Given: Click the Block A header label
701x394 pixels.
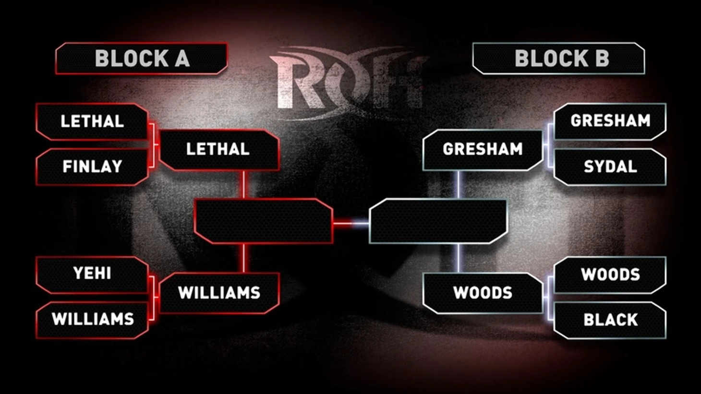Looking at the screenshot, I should click(142, 59).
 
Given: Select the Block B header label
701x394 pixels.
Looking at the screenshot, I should click(559, 59).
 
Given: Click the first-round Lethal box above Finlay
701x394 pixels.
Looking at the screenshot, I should click(92, 121).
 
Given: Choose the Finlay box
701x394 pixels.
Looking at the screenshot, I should click(92, 167).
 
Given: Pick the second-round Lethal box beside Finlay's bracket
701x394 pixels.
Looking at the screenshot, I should click(218, 149).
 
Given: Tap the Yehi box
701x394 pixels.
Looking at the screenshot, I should click(92, 274).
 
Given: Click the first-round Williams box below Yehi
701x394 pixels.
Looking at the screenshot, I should click(92, 319).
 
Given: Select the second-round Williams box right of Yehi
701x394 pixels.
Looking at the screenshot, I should click(219, 293).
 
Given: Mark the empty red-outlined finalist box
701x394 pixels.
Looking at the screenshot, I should click(263, 221).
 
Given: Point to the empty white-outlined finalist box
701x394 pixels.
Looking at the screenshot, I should click(438, 221).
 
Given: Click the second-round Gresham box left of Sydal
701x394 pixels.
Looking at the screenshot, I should click(483, 149).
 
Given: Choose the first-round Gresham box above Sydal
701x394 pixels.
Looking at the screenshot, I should click(610, 121).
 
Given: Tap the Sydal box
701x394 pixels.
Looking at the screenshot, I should click(610, 167).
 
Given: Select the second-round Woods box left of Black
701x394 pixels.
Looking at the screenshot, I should click(483, 293).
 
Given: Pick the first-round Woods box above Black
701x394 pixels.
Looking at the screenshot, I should click(610, 275).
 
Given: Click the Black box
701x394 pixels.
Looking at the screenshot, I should click(610, 320).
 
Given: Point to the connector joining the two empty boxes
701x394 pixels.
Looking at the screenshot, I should click(350, 223).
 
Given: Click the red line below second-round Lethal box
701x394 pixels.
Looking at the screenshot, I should click(244, 184).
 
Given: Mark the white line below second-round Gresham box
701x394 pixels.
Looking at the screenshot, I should click(459, 185).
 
